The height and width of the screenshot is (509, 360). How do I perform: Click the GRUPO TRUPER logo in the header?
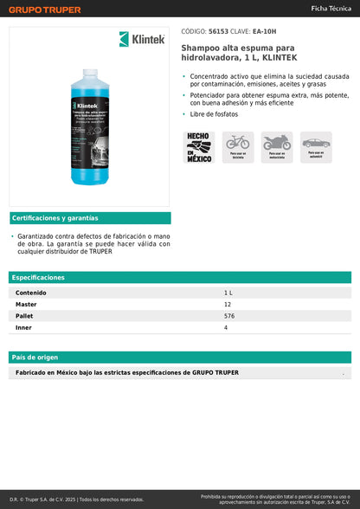click(x=46, y=10)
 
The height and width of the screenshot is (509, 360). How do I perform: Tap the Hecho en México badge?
click(x=199, y=147)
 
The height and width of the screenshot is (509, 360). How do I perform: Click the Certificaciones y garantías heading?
click(x=55, y=218)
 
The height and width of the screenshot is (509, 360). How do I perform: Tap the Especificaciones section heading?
click(x=38, y=277)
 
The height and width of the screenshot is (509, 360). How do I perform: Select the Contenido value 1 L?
click(x=228, y=293)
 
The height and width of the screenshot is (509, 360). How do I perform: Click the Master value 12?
click(x=228, y=305)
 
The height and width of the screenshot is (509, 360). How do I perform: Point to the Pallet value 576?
click(x=229, y=316)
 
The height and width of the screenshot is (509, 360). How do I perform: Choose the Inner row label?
click(x=23, y=328)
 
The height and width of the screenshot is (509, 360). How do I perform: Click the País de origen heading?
click(x=35, y=357)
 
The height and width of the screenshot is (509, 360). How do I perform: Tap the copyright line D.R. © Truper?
click(x=76, y=499)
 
